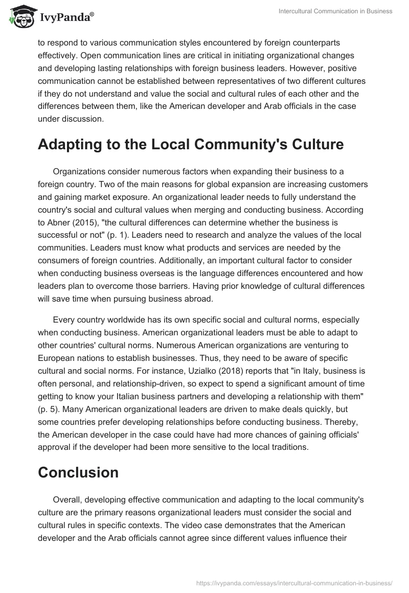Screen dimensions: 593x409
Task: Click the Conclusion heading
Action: click(78, 472)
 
